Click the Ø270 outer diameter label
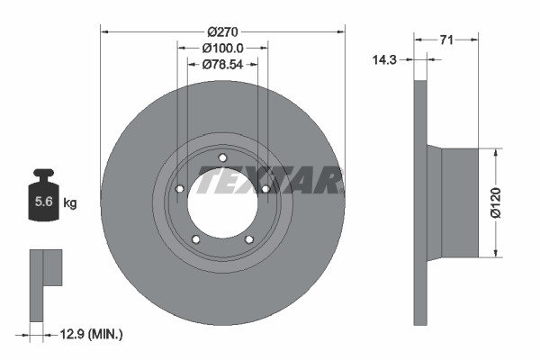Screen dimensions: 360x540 tap(222, 31)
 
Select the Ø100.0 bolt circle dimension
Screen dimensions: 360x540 tap(222, 48)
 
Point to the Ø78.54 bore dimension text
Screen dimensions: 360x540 tap(222, 65)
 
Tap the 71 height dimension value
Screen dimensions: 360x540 tap(446, 39)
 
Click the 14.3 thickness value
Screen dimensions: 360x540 tap(385, 59)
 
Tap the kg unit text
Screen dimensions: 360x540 tap(70, 203)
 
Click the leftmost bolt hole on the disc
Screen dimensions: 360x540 tap(180, 189)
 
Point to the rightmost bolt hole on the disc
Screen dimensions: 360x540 tap(265, 189)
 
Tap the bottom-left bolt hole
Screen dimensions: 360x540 tap(196, 238)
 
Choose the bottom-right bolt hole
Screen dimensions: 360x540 tap(248, 238)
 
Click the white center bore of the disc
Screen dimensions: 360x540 tap(222, 203)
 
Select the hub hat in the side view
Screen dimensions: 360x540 tap(459, 202)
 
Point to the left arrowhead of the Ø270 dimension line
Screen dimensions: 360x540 tap(103, 31)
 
